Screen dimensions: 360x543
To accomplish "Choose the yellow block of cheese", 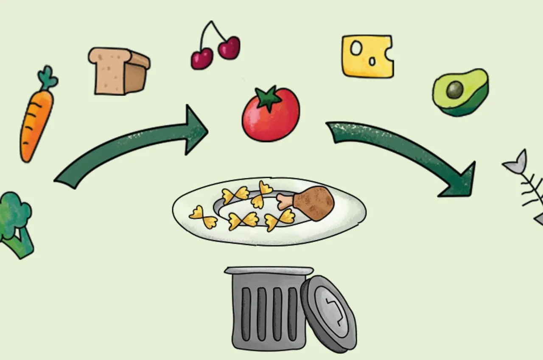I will coord(367,56).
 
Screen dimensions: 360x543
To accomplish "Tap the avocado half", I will coord(461,92).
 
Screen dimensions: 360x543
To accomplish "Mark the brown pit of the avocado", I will coord(454,90).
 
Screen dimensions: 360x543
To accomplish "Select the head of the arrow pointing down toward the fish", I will coord(460,180).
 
